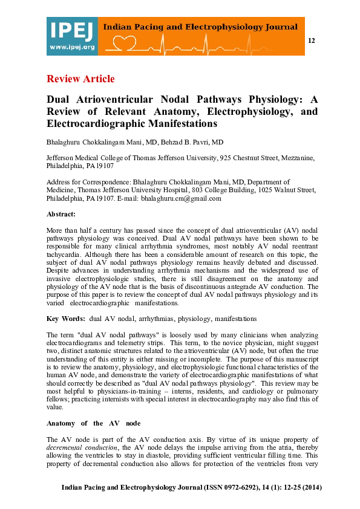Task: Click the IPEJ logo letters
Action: coord(71,31)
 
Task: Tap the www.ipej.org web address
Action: coord(72,47)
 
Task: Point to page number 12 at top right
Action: coord(312,41)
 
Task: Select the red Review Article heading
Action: coord(80,79)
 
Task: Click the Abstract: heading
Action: coord(61,214)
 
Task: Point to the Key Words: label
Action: coord(65,318)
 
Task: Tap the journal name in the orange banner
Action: coord(200,27)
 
